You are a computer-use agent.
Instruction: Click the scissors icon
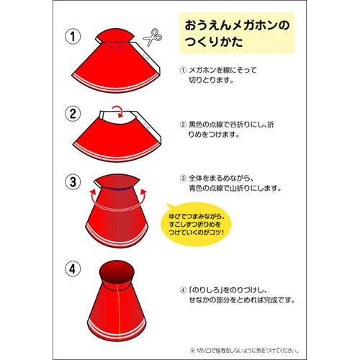tap(150, 37)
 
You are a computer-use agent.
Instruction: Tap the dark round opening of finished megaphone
tap(116, 272)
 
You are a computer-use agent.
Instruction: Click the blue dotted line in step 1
tap(115, 44)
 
